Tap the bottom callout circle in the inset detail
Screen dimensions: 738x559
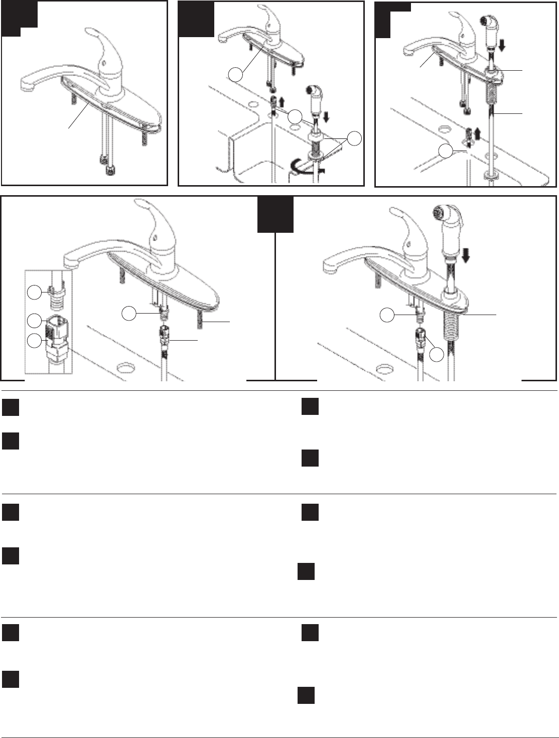[34, 341]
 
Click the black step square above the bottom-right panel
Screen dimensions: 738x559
[275, 214]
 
